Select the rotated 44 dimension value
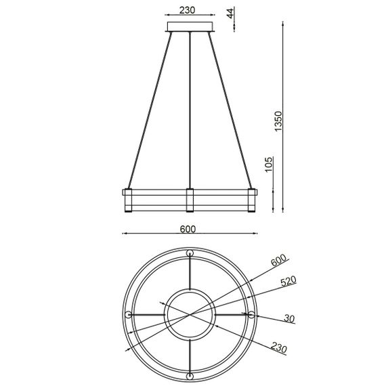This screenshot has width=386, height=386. coord(230,14)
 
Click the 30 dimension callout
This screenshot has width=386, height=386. coord(288,319)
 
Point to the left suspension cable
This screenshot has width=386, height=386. coord(146,108)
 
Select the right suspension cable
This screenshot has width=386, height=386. coord(235,108)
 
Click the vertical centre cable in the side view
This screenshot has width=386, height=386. coord(191,108)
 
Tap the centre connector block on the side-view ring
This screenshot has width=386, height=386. coord(190,199)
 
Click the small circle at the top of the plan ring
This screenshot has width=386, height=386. coord(190,254)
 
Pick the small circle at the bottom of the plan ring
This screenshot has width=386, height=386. coord(190,376)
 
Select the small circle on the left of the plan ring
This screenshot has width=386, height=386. coord(129,315)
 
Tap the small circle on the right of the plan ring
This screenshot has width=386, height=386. coord(251,315)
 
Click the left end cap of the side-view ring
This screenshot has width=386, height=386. coord(126,199)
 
